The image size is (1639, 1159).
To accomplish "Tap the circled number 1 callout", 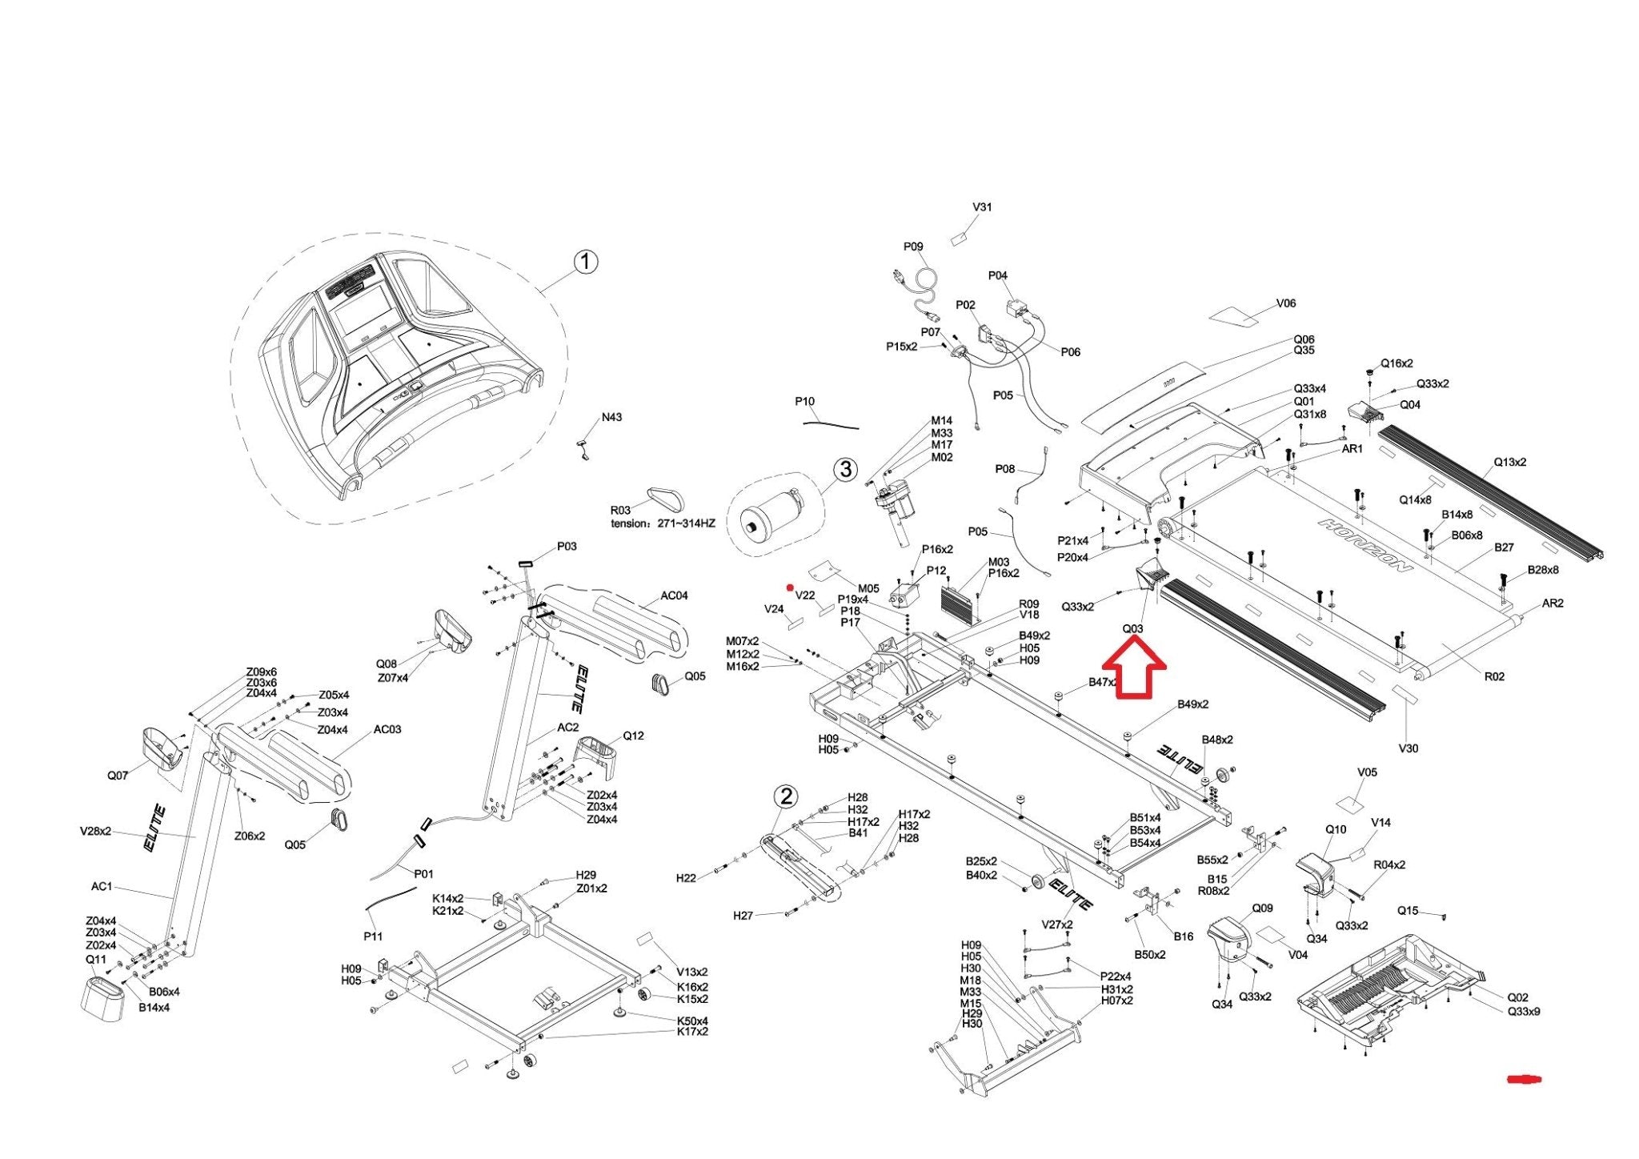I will pyautogui.click(x=586, y=262).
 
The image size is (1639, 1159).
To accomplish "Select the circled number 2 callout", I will pyautogui.click(x=787, y=796).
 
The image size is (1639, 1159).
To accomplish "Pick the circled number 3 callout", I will pyautogui.click(x=846, y=469).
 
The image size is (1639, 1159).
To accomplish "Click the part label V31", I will pyautogui.click(x=982, y=207).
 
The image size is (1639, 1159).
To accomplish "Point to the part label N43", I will pyautogui.click(x=611, y=417).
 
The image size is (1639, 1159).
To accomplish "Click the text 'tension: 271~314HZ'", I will pyautogui.click(x=663, y=523).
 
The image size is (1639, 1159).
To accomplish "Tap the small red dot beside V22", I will pyautogui.click(x=790, y=588).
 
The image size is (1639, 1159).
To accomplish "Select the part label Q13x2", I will pyautogui.click(x=1509, y=462).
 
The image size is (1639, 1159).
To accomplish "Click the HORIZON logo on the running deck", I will pyautogui.click(x=1365, y=545).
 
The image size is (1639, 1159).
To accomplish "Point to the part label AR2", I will pyautogui.click(x=1552, y=603).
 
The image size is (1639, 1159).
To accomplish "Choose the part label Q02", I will pyautogui.click(x=1517, y=997).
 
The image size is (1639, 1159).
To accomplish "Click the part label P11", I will pyautogui.click(x=373, y=936).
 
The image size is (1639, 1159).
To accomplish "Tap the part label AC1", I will pyautogui.click(x=102, y=886).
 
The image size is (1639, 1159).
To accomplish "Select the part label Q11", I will pyautogui.click(x=95, y=959).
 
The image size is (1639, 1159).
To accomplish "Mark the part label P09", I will pyautogui.click(x=913, y=247).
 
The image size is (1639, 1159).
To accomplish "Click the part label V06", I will pyautogui.click(x=1285, y=303).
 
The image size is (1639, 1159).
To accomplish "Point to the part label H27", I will pyautogui.click(x=743, y=915).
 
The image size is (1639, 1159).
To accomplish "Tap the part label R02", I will pyautogui.click(x=1494, y=676).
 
